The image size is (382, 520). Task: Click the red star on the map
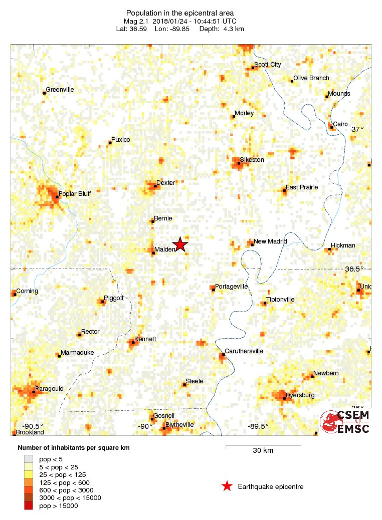[x=180, y=244]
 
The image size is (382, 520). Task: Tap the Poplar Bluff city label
[x=75, y=194]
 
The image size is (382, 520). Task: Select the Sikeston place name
[x=252, y=160]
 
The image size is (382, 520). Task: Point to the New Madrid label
[x=270, y=241]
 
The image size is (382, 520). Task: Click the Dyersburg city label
[x=300, y=395]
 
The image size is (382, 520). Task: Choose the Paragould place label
[x=49, y=388]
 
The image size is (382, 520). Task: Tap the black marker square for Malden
[x=153, y=253]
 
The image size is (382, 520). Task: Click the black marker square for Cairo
[x=332, y=127]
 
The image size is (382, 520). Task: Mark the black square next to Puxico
[x=110, y=143]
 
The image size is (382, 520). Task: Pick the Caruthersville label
[x=244, y=351]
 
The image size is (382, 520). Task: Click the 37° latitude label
[x=357, y=129]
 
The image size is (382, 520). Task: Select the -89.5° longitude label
[x=258, y=426]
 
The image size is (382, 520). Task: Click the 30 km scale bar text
[x=263, y=450]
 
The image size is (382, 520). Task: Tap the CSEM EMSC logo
[x=345, y=422]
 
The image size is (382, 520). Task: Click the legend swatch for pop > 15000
[x=29, y=506]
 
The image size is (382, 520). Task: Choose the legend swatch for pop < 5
[x=29, y=458]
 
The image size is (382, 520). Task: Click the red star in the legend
[x=227, y=486]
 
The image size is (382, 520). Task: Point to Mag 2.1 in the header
[x=137, y=21]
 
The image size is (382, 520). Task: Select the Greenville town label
[x=60, y=90]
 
